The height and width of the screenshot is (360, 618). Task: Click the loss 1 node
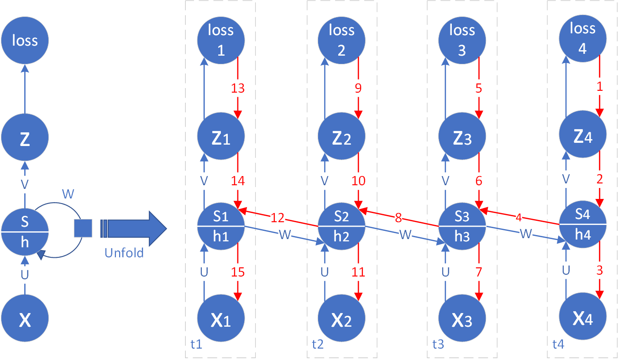pyautogui.click(x=221, y=40)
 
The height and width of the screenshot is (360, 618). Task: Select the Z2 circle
pyautogui.click(x=341, y=137)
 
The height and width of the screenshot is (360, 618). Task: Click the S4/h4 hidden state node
pyautogui.click(x=582, y=224)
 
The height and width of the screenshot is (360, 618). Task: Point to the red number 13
pyautogui.click(x=237, y=88)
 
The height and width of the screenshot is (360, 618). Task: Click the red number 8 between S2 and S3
pyautogui.click(x=398, y=216)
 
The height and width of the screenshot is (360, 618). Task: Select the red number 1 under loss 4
pyautogui.click(x=599, y=86)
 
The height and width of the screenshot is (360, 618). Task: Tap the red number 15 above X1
pyautogui.click(x=237, y=272)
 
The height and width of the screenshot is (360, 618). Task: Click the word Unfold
pyautogui.click(x=124, y=252)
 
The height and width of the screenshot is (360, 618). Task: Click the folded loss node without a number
pyautogui.click(x=25, y=41)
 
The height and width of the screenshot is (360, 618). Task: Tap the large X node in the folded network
pyautogui.click(x=25, y=319)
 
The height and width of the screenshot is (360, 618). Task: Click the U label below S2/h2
pyautogui.click(x=325, y=272)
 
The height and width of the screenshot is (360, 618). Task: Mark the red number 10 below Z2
pyautogui.click(x=358, y=181)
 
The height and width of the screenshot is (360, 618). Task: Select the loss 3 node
pyautogui.click(x=462, y=40)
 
